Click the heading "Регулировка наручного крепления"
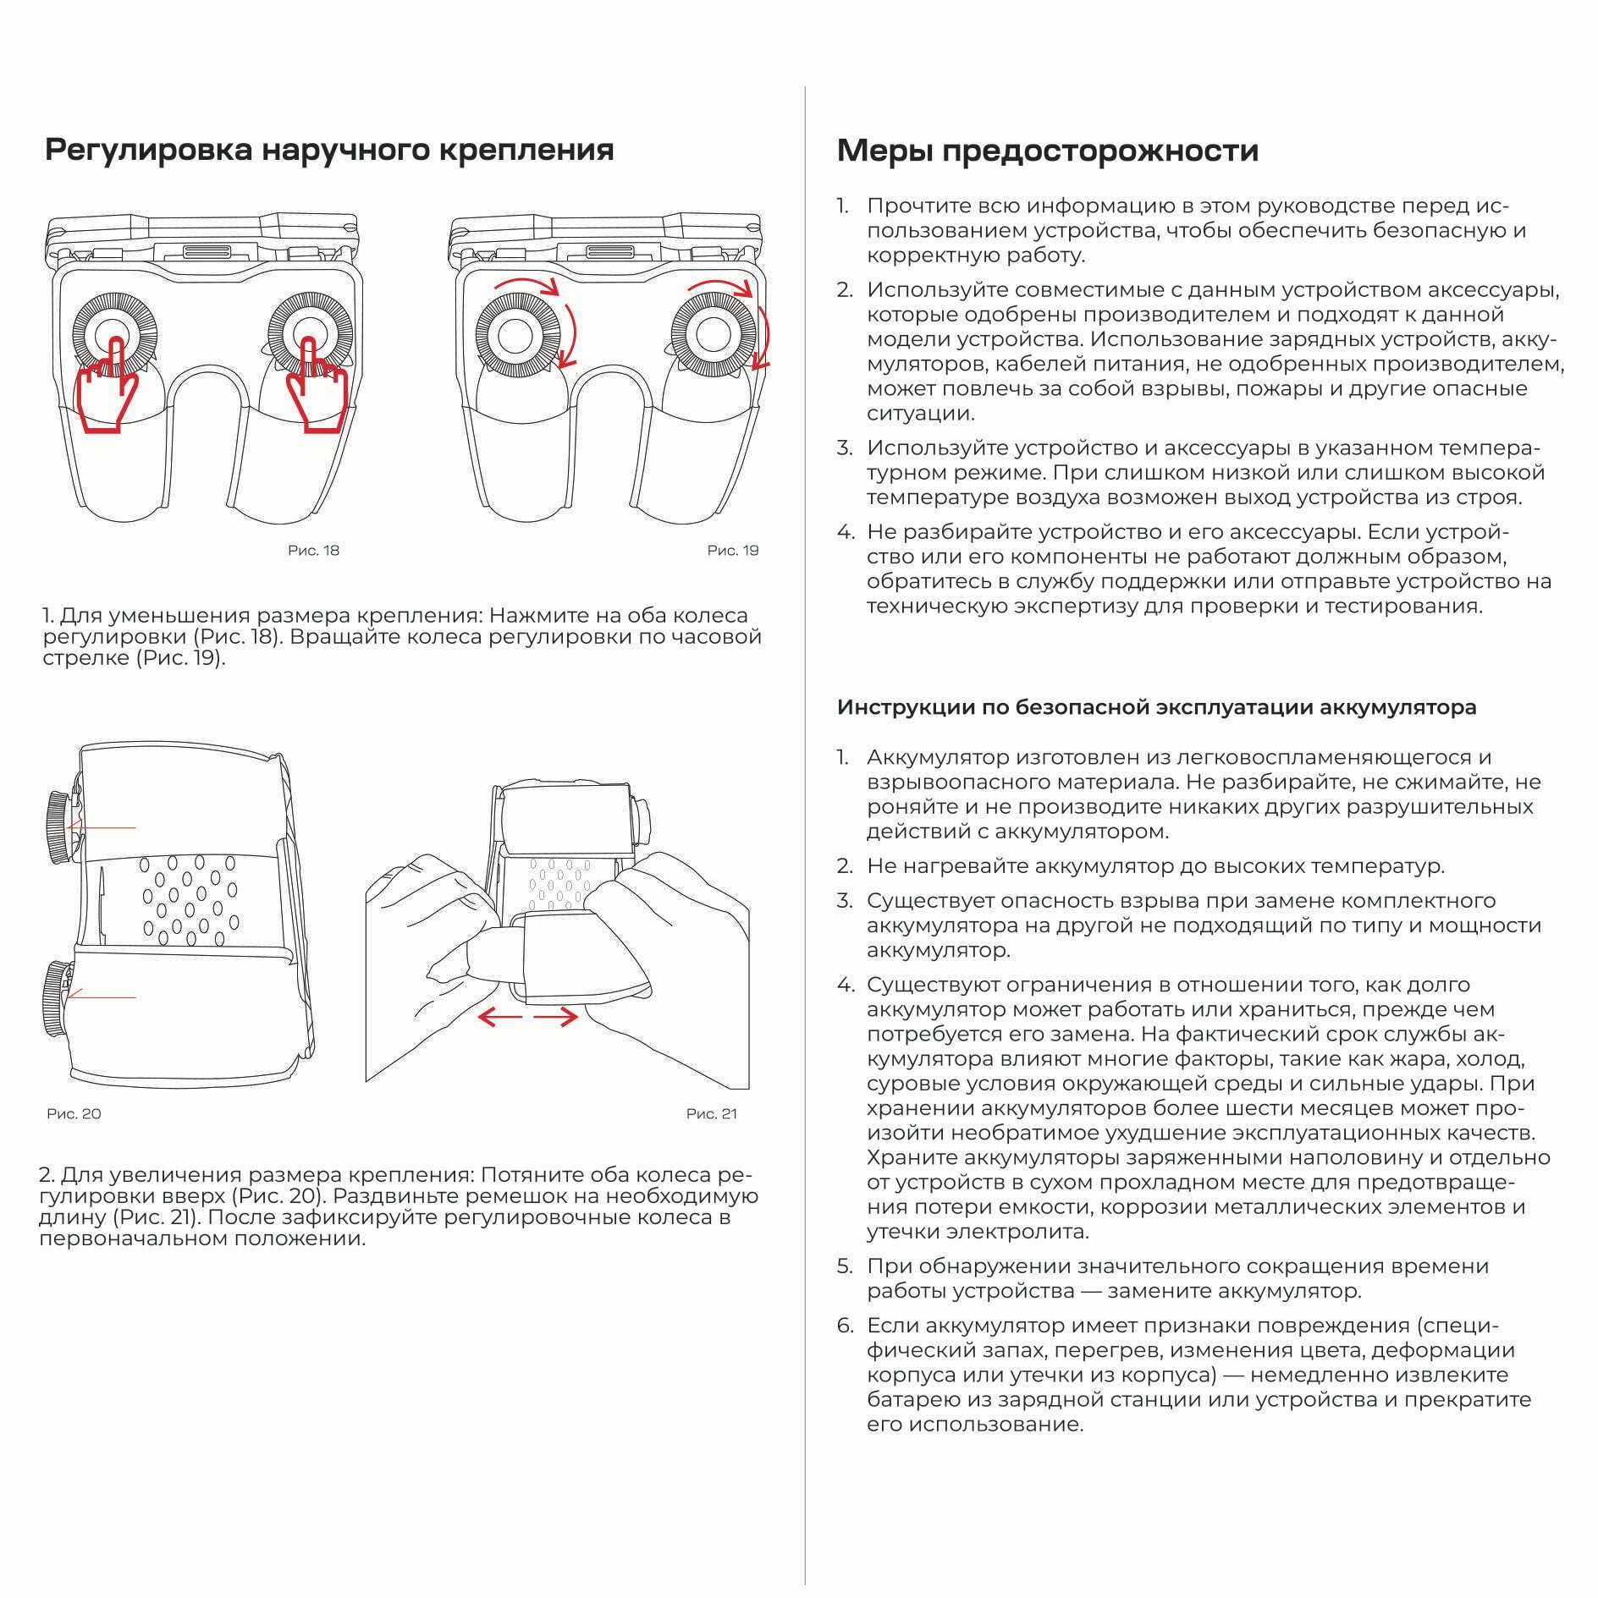pyautogui.click(x=329, y=150)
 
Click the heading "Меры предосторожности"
pyautogui.click(x=1047, y=151)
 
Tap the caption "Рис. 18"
pyautogui.click(x=313, y=551)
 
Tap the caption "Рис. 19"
pyautogui.click(x=733, y=551)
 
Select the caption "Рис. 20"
pyautogui.click(x=74, y=1114)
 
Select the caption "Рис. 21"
pyautogui.click(x=712, y=1114)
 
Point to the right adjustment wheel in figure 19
pyautogui.click(x=713, y=335)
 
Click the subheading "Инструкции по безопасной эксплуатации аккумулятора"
pyautogui.click(x=1156, y=707)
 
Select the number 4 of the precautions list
pyautogui.click(x=846, y=532)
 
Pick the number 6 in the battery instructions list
pyautogui.click(x=846, y=1326)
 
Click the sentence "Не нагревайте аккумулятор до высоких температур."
pyautogui.click(x=1155, y=866)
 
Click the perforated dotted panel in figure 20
pyautogui.click(x=190, y=899)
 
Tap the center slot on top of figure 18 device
pyautogui.click(x=206, y=251)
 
